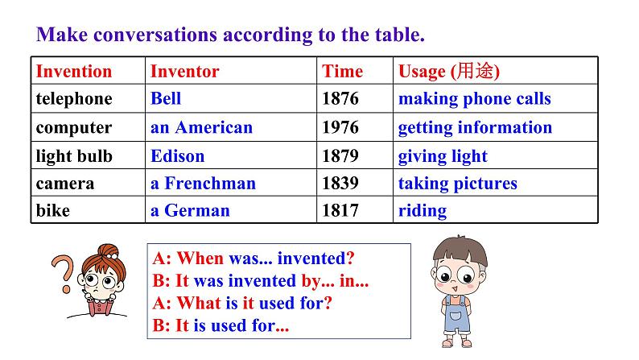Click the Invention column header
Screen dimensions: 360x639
click(x=74, y=71)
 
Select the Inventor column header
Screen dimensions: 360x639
click(x=184, y=71)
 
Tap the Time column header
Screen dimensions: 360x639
click(x=342, y=71)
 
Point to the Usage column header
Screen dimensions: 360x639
click(x=448, y=71)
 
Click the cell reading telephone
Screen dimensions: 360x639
click(x=74, y=99)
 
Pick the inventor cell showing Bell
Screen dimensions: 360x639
click(x=166, y=99)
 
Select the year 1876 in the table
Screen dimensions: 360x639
click(x=340, y=99)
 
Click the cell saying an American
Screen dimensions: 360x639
click(x=201, y=127)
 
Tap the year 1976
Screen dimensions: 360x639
click(x=340, y=127)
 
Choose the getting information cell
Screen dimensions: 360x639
click(x=475, y=127)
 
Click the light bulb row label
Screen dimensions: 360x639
click(x=74, y=155)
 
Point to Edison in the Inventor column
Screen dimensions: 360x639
click(x=177, y=155)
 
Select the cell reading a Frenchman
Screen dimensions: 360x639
click(x=203, y=183)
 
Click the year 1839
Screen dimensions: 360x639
click(x=340, y=183)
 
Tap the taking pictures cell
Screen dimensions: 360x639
click(x=457, y=183)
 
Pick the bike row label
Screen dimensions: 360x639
click(x=53, y=211)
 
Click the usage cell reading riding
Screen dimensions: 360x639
click(x=422, y=211)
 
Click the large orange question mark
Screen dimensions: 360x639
click(x=63, y=274)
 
